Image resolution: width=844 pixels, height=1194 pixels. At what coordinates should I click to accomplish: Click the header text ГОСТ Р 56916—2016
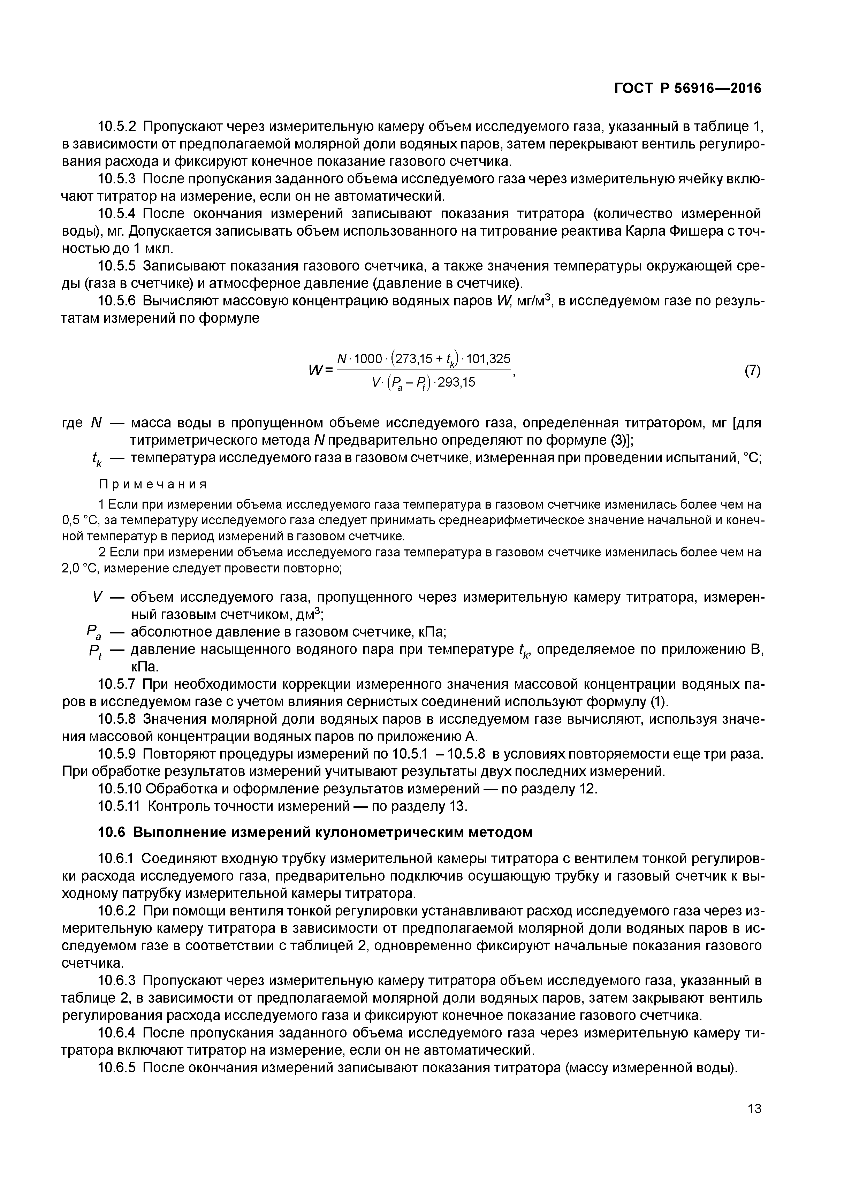pos(687,89)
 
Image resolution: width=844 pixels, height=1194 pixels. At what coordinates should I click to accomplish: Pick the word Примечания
pos(153,485)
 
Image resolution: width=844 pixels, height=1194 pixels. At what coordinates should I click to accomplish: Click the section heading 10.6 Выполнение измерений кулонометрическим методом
pos(315,832)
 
